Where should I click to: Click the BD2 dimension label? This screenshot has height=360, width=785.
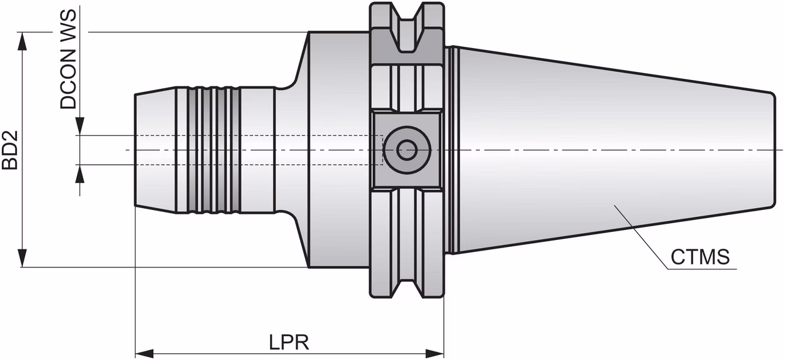click(x=10, y=150)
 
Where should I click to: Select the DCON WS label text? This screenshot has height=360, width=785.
click(x=68, y=59)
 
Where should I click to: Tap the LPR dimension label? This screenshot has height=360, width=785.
click(x=289, y=342)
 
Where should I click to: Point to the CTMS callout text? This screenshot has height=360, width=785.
click(x=700, y=257)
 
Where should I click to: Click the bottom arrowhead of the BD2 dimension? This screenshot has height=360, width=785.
click(x=22, y=258)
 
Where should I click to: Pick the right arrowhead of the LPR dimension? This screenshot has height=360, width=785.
click(x=434, y=353)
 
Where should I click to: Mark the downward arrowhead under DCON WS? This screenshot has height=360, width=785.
click(x=80, y=126)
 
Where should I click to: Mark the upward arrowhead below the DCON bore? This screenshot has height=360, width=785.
click(x=80, y=174)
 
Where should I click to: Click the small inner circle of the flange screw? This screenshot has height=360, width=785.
click(x=407, y=150)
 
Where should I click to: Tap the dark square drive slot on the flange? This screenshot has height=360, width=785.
click(x=406, y=150)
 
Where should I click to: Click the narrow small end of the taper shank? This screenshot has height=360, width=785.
click(x=772, y=150)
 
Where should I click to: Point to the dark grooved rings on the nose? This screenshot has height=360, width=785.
click(x=214, y=150)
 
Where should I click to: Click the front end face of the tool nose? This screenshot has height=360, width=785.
click(x=136, y=150)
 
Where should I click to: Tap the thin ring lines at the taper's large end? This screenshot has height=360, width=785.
click(x=454, y=150)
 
